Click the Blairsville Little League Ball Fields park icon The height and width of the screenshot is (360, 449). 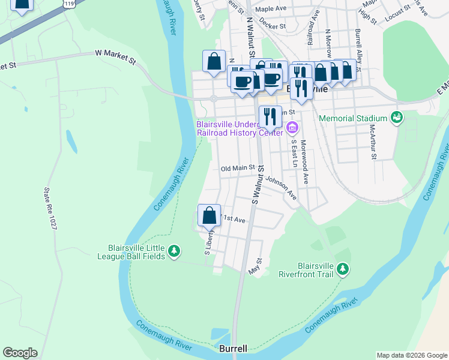tap(174, 251)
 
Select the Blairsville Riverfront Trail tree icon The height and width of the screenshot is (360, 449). tap(343, 268)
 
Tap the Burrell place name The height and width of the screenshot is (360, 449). tap(233, 349)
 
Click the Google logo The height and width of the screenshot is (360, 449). tap(20, 353)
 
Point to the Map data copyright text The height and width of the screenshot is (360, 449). tap(412, 355)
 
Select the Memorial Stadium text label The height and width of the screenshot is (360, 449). tap(353, 119)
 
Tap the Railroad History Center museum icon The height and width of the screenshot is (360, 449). tap(292, 127)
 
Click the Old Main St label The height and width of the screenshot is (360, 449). tap(238, 169)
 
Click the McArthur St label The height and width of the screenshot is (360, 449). tap(373, 142)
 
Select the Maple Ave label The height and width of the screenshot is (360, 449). tap(272, 10)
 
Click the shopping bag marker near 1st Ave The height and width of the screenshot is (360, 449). tap(209, 216)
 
